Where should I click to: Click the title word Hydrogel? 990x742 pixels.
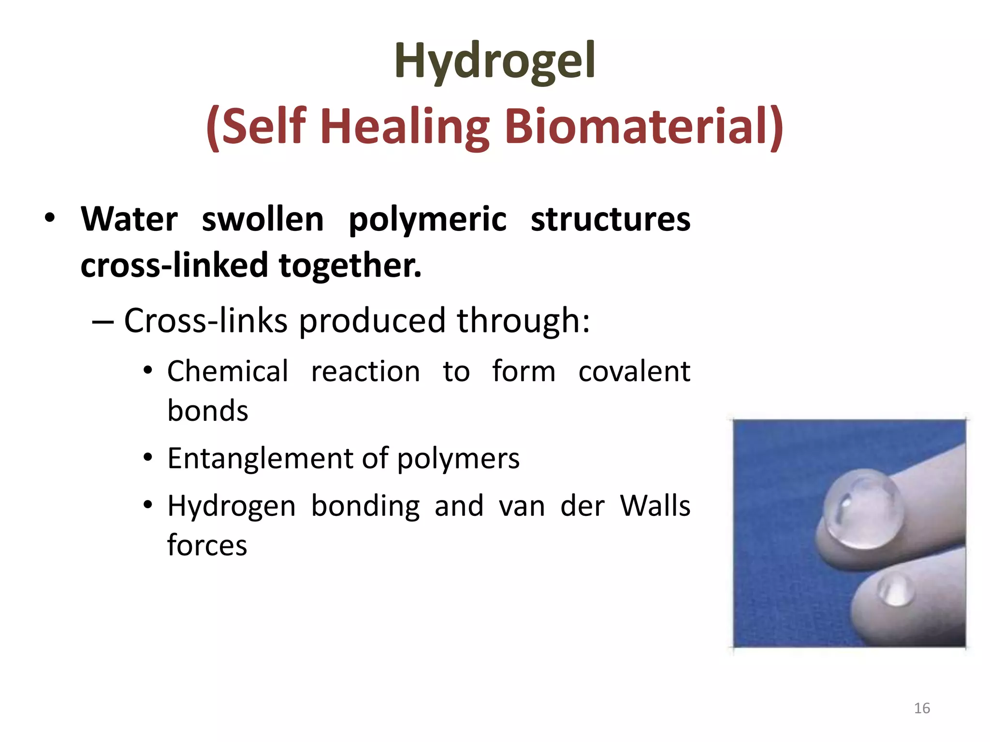[495, 61]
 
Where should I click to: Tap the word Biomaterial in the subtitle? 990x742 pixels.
[643, 126]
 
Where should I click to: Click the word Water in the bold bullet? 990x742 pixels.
[130, 219]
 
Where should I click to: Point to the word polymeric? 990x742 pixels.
[427, 220]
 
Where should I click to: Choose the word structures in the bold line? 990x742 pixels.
[611, 219]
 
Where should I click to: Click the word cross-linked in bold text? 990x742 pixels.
[174, 265]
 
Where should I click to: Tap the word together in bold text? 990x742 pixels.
[350, 266]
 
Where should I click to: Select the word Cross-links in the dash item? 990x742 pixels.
[206, 320]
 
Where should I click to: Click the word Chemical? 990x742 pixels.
[228, 371]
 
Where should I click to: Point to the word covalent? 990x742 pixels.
[634, 371]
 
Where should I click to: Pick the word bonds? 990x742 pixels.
[208, 411]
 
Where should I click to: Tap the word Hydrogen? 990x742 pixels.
[232, 507]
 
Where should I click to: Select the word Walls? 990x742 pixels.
[655, 506]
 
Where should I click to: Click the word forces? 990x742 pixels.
[207, 545]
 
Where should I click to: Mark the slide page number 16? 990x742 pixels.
[922, 708]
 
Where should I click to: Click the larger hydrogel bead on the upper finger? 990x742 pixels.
[863, 510]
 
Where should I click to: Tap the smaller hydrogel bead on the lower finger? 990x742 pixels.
[896, 590]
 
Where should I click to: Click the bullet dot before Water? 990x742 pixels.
[50, 218]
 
